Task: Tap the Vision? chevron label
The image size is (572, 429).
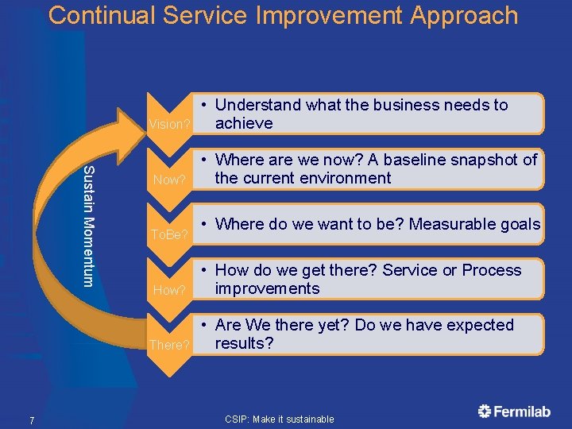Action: click(169, 124)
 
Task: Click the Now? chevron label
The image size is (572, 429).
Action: click(168, 180)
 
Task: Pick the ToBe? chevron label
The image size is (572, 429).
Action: click(169, 234)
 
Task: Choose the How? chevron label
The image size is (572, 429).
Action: click(168, 290)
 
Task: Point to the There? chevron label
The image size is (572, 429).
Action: click(169, 345)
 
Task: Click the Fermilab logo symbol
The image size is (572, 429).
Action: click(485, 411)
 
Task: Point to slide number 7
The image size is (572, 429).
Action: click(31, 420)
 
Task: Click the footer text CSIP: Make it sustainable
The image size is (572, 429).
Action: click(279, 419)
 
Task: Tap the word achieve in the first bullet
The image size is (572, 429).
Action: click(244, 123)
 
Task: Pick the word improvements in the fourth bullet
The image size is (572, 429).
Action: click(267, 288)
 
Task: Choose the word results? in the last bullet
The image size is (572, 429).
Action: click(244, 343)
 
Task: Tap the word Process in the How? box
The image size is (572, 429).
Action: click(492, 270)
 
